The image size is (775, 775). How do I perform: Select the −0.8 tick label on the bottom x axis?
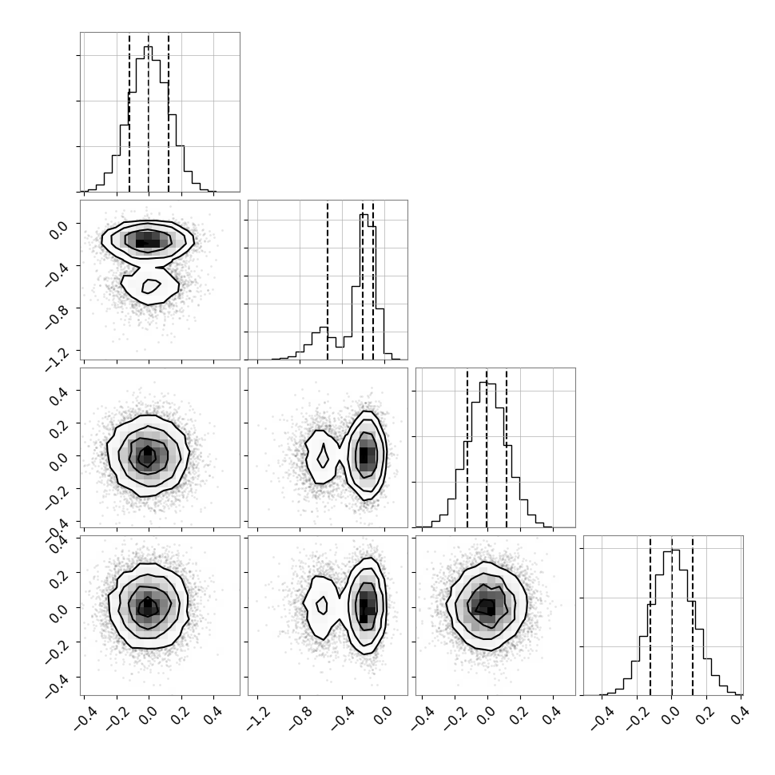click(300, 717)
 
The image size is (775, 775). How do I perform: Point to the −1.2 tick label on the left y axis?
click(58, 360)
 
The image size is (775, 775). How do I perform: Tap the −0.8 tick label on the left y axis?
click(58, 317)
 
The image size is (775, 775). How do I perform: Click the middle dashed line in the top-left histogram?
click(149, 113)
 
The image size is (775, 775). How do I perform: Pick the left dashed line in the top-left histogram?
click(129, 113)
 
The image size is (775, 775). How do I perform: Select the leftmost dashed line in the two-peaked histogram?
click(328, 280)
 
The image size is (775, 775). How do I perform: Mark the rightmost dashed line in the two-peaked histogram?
click(373, 280)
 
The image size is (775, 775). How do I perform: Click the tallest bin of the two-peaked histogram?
click(364, 287)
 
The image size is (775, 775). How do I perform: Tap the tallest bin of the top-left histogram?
click(149, 118)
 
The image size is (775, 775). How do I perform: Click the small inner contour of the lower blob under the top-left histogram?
click(151, 286)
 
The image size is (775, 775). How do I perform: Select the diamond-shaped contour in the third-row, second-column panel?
click(323, 455)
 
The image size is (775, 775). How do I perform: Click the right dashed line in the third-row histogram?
click(507, 448)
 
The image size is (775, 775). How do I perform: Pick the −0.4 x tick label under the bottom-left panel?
click(85, 717)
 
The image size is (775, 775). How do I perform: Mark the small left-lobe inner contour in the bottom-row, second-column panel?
click(322, 605)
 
